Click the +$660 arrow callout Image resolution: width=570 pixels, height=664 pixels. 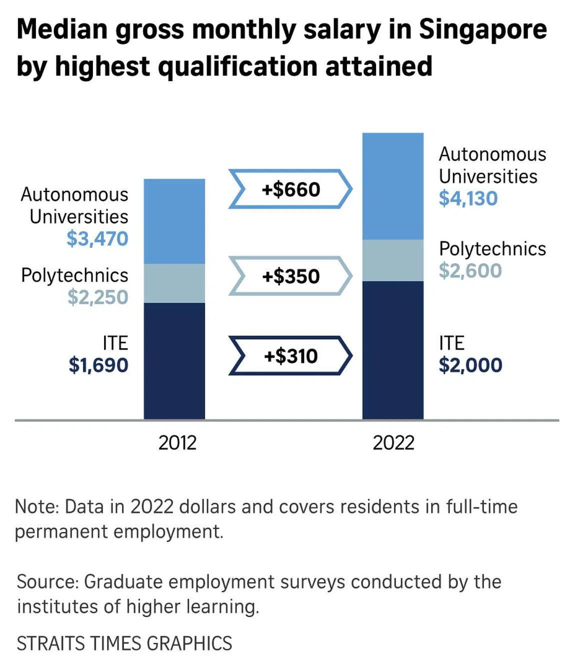click(290, 189)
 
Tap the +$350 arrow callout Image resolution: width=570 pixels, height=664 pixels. click(290, 276)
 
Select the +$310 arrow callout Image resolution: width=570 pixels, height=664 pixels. click(290, 356)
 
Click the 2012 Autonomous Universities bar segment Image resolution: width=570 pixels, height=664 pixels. click(174, 221)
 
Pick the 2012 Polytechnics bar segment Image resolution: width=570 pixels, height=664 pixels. click(174, 283)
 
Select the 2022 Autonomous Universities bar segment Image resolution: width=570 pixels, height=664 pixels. click(392, 186)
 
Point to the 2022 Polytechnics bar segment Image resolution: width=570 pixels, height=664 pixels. click(392, 260)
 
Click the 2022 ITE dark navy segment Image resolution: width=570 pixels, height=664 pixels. click(392, 350)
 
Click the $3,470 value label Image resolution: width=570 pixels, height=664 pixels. click(97, 239)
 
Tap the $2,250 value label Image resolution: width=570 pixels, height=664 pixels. click(98, 297)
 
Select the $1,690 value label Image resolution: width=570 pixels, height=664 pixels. click(98, 365)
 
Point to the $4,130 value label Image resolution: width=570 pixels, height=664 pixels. click(468, 198)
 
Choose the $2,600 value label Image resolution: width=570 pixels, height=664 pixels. click(470, 270)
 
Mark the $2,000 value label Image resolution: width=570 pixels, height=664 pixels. click(470, 365)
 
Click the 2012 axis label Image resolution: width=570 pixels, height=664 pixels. click(177, 443)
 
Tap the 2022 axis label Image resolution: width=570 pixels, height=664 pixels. click(393, 443)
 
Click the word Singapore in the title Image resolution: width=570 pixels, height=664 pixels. click(482, 29)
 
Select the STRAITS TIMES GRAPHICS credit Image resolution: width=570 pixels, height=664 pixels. click(124, 643)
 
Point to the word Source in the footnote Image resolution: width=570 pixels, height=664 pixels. click(47, 582)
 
